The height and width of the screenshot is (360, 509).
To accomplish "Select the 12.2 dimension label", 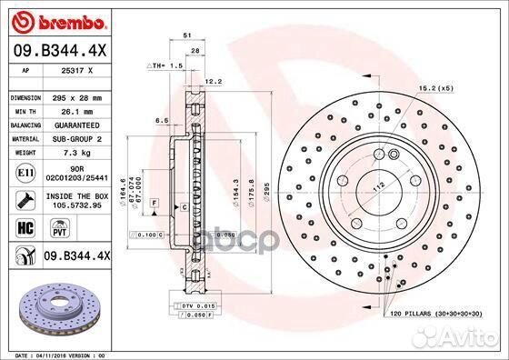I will [214, 81].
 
